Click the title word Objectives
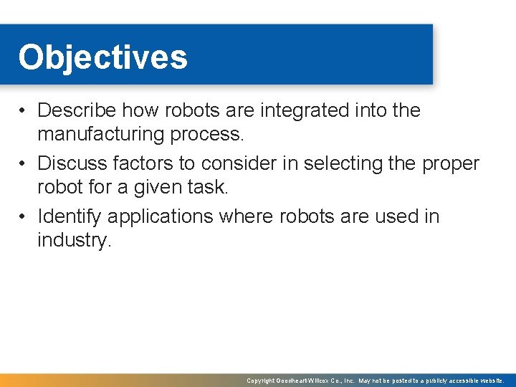(x=102, y=57)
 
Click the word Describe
(x=77, y=111)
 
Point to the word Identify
(x=70, y=216)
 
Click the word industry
(x=74, y=240)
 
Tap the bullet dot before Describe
(x=24, y=111)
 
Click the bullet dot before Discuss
(x=24, y=164)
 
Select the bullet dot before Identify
(x=24, y=216)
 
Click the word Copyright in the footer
(x=261, y=381)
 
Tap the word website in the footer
(x=491, y=381)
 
